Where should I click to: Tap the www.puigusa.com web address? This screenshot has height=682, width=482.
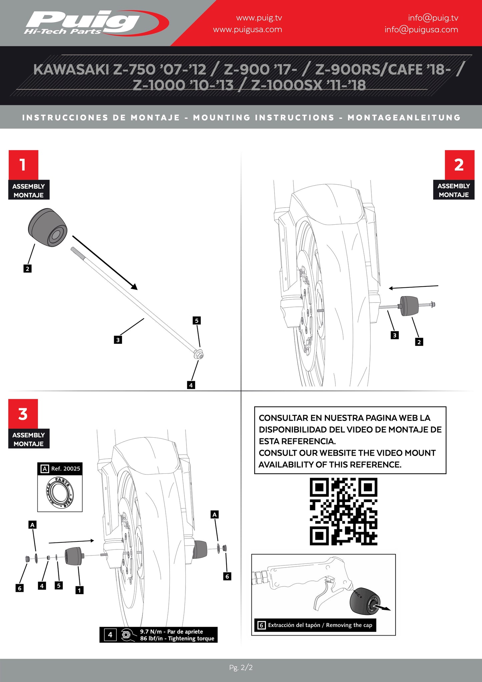247,30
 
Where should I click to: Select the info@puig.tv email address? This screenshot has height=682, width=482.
433,18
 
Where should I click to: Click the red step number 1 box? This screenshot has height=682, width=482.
23,165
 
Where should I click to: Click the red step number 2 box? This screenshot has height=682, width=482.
459,165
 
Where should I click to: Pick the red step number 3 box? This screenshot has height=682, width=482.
23,414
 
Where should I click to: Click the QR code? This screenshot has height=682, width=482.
343,511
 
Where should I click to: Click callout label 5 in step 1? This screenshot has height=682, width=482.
196,320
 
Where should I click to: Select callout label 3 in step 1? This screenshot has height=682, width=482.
118,340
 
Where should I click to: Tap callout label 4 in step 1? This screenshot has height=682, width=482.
191,385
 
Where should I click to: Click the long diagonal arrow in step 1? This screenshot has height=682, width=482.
105,262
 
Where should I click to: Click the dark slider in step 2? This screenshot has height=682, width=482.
409,305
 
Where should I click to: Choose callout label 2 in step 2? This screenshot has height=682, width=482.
419,342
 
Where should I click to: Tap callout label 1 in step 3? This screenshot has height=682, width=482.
79,590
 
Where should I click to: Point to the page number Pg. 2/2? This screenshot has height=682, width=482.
241,667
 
